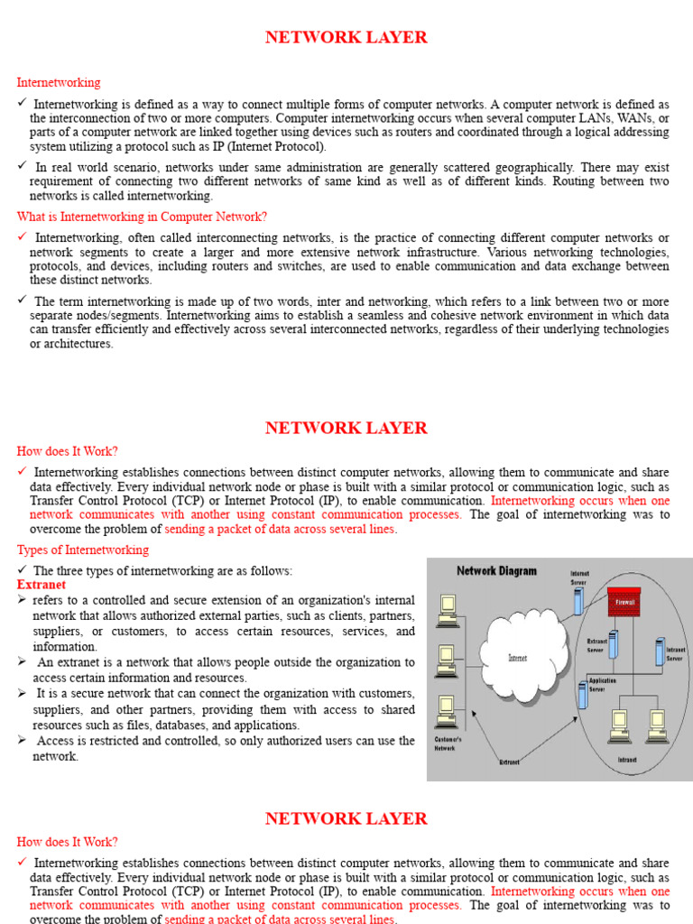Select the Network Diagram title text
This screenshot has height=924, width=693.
pos(496,570)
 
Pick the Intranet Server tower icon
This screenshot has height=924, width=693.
pos(659,651)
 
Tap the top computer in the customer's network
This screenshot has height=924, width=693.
pos(446,611)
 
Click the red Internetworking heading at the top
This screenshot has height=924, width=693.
pos(59,83)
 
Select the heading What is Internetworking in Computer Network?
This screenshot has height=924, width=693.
pos(142,217)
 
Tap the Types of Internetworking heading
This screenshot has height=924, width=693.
pos(83,550)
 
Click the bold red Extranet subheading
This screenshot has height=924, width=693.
pos(42,585)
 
